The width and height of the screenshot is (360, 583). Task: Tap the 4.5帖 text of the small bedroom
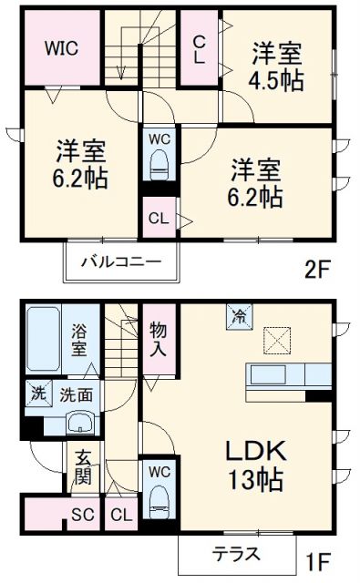[276, 79]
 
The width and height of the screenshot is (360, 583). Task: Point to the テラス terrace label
[236, 553]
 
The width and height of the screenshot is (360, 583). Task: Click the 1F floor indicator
[315, 554]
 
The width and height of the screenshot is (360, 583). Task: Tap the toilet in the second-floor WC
[160, 167]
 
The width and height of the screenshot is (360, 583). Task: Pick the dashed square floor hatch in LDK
[275, 340]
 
